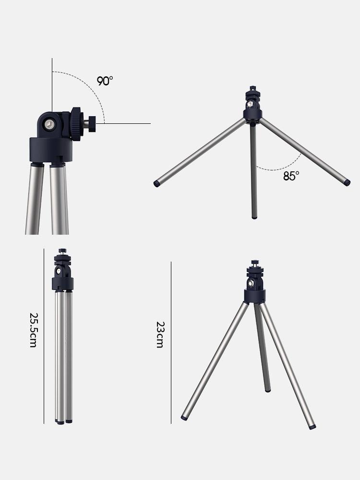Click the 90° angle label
(105, 81)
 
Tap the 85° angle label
(291, 176)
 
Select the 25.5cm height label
(34, 330)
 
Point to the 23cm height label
(160, 335)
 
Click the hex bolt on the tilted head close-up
(49, 124)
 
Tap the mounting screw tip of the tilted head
(92, 124)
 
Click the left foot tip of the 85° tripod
(156, 183)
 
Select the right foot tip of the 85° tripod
(347, 183)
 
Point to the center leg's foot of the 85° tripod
(254, 217)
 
